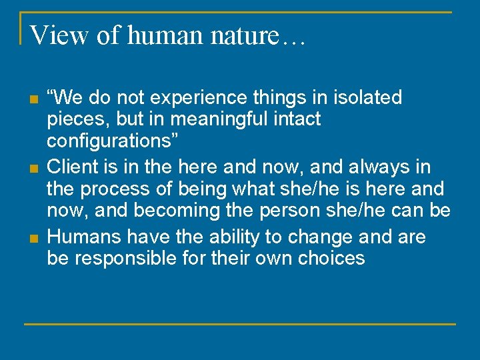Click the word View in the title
[60, 35]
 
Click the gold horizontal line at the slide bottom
[240, 324]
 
